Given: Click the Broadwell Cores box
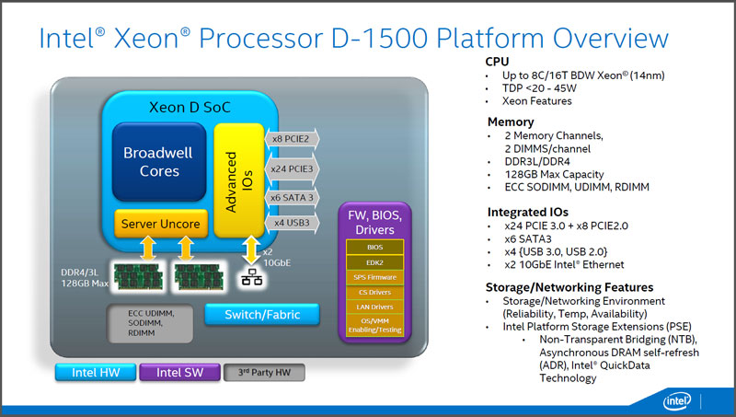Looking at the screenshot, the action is [x=159, y=161].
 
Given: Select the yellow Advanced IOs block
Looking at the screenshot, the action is [x=239, y=180].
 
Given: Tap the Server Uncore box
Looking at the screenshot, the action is [x=161, y=224].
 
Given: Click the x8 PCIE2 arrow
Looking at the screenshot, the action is [x=292, y=139].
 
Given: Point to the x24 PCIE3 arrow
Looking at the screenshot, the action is [x=292, y=169].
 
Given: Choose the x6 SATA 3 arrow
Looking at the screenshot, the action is [x=292, y=198].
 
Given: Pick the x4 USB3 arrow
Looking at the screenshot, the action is [x=292, y=223].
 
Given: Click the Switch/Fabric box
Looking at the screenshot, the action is [x=262, y=315].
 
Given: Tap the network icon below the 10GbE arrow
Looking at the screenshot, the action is [x=251, y=277].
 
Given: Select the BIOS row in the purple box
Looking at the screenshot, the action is [x=374, y=247].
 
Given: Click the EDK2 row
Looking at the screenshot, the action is [x=374, y=262].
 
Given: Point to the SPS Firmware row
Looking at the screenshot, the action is [x=374, y=277].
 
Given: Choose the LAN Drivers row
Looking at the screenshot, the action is [x=374, y=307].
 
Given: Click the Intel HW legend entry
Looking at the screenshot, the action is [x=96, y=373].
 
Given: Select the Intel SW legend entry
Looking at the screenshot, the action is [x=179, y=373].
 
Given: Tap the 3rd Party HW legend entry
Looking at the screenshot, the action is [x=264, y=373].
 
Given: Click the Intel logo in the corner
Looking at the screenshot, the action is [x=677, y=401].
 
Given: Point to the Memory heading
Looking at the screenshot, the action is [x=511, y=122].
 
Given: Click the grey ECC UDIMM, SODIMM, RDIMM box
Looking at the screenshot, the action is [x=150, y=323].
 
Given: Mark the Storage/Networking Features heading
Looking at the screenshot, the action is [x=569, y=287].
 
